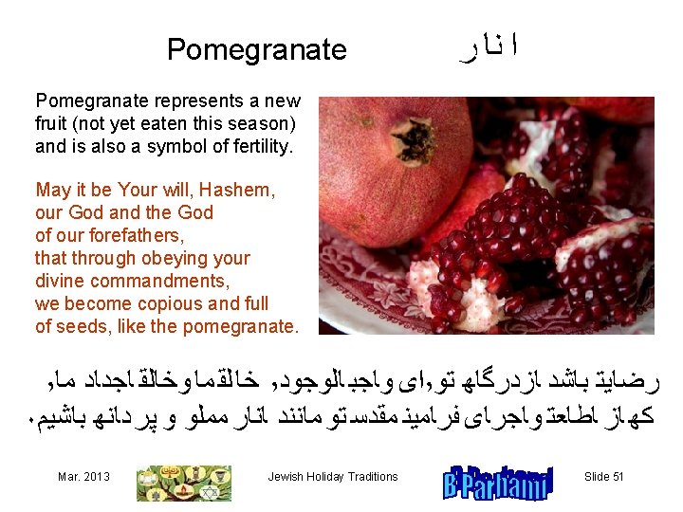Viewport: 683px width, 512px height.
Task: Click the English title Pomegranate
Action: click(x=256, y=49)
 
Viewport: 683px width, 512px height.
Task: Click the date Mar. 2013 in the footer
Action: click(x=83, y=476)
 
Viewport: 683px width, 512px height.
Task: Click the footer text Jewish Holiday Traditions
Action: click(x=333, y=476)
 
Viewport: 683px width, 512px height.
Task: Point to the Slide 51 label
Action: click(x=603, y=476)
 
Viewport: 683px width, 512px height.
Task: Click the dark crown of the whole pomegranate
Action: click(x=413, y=141)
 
